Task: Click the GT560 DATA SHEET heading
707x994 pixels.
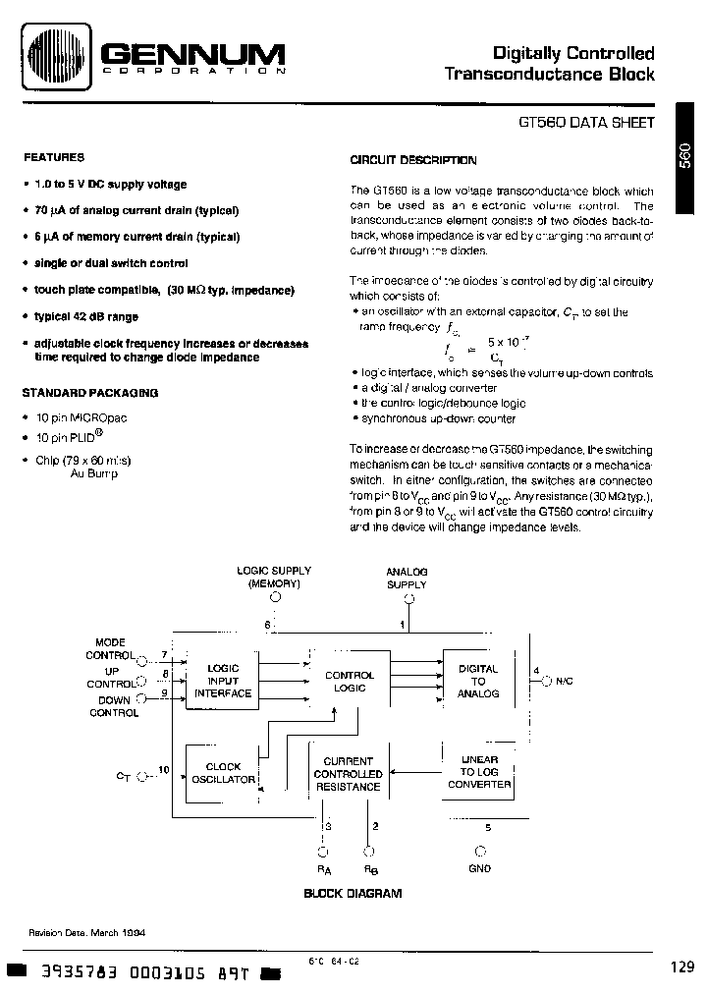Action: (585, 125)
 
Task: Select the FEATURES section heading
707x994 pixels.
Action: (54, 157)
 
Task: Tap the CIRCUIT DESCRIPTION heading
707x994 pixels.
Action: (413, 160)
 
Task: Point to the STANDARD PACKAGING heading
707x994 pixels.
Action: (89, 392)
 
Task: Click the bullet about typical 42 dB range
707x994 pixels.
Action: (86, 316)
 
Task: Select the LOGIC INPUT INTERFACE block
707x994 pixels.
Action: (223, 681)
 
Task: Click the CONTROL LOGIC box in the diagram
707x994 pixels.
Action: (350, 682)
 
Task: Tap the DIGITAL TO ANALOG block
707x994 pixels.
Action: (478, 681)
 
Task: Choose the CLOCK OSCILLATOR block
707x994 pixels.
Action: (223, 773)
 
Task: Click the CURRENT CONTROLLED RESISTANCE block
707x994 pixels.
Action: (348, 774)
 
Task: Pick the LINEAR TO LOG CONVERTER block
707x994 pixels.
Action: (479, 772)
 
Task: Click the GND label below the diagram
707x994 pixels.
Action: (480, 868)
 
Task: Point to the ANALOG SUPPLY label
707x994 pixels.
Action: (407, 578)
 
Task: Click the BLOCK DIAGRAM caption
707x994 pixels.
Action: (353, 894)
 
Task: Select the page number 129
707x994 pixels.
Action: (683, 966)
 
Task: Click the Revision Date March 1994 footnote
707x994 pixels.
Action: (86, 934)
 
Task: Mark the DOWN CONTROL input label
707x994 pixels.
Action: (114, 706)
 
